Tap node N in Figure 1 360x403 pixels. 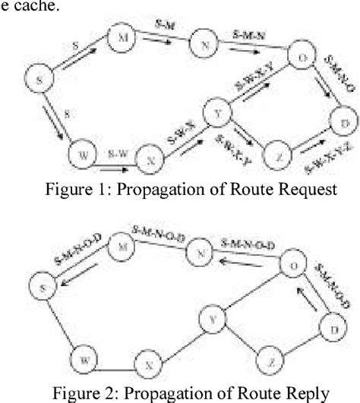(x=203, y=43)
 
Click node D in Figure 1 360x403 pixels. (x=344, y=122)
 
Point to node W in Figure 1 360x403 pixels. (x=81, y=155)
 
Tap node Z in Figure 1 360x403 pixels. (x=280, y=156)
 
